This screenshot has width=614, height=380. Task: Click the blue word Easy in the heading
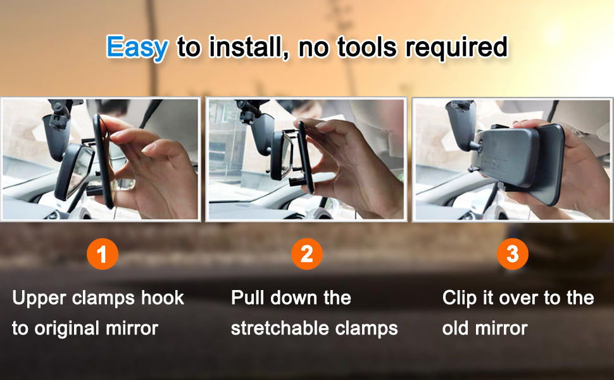pyautogui.click(x=137, y=47)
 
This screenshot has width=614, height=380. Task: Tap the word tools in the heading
pyautogui.click(x=367, y=47)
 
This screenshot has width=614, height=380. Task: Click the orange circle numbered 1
pyautogui.click(x=102, y=254)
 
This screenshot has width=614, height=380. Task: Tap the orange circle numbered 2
pyautogui.click(x=307, y=254)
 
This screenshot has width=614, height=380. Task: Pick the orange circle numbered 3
pyautogui.click(x=513, y=254)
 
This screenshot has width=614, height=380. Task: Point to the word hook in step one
pyautogui.click(x=163, y=298)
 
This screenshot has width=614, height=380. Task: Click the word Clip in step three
pyautogui.click(x=459, y=299)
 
